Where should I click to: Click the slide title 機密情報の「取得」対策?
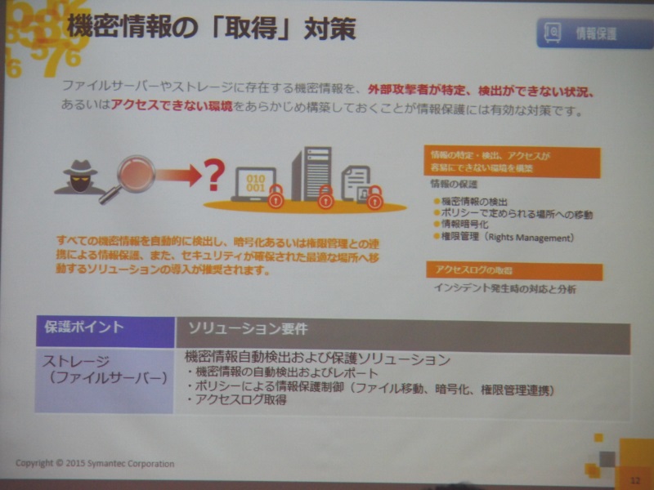211,28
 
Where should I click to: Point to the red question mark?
213,174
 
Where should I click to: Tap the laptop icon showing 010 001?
256,184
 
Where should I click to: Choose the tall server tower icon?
311,173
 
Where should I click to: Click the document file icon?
355,181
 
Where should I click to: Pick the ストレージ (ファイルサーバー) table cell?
103,368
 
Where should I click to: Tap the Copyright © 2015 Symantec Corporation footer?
95,464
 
